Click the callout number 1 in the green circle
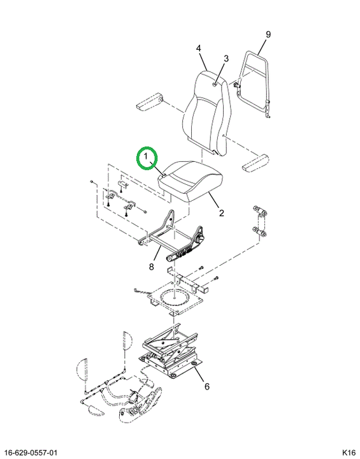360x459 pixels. click(145, 157)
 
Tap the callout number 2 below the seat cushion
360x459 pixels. click(221, 213)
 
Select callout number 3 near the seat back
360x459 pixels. click(226, 59)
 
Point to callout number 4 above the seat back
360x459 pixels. click(198, 48)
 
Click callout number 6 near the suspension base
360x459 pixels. click(207, 386)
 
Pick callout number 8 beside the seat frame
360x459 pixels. click(151, 266)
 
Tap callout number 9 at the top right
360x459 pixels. click(268, 34)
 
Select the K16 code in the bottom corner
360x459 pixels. click(349, 453)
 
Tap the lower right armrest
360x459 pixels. click(256, 163)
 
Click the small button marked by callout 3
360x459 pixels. click(215, 85)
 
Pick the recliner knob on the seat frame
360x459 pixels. click(201, 238)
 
